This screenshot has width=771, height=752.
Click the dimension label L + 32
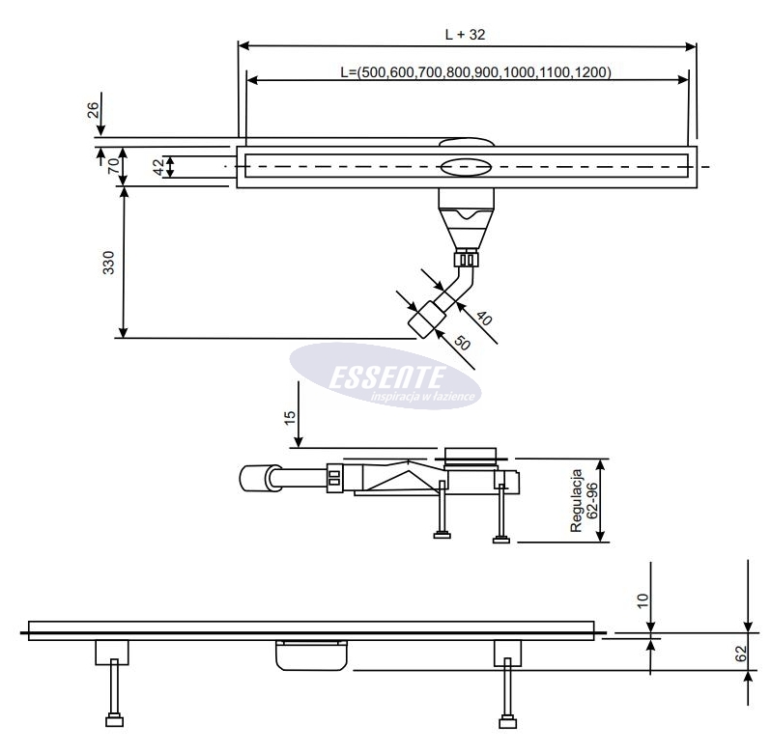(465, 33)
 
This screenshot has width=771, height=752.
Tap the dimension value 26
(93, 111)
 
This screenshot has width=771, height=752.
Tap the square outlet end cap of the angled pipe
(421, 320)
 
